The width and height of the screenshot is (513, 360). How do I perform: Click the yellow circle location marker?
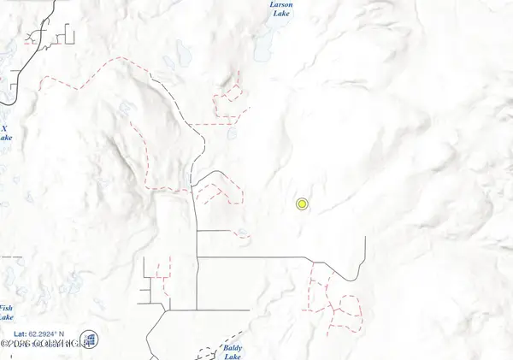[x=302, y=204]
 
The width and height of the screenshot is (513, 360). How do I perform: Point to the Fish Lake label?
[x=6, y=312]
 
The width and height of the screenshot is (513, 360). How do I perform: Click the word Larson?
[x=281, y=4]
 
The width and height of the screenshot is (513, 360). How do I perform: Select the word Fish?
[x=6, y=308]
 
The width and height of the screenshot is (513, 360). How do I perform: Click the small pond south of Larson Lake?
[x=232, y=134]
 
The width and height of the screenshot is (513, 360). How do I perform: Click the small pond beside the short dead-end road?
[x=244, y=233]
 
